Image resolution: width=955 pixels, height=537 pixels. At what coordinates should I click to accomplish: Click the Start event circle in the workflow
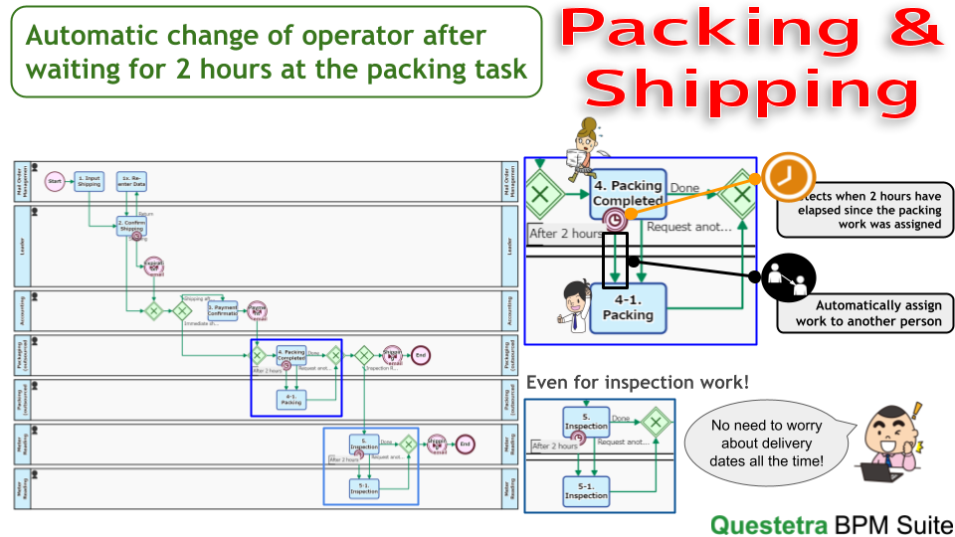(x=55, y=182)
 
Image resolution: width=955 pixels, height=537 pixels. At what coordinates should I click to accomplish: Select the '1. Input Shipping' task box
(x=89, y=182)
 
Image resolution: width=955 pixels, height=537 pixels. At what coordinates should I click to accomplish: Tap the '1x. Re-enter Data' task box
(x=132, y=182)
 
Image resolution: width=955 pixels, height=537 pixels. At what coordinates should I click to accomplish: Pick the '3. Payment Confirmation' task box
(x=223, y=311)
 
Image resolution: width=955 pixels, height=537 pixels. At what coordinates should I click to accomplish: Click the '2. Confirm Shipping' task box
(x=131, y=227)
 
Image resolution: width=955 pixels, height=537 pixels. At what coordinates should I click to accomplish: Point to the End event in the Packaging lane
(x=421, y=355)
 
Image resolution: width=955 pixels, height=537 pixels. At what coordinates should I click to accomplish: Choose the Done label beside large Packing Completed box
(x=684, y=188)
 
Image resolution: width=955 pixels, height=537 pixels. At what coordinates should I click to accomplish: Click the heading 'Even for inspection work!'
(x=638, y=383)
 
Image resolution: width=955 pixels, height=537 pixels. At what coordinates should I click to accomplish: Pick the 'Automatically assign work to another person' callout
(x=864, y=314)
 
